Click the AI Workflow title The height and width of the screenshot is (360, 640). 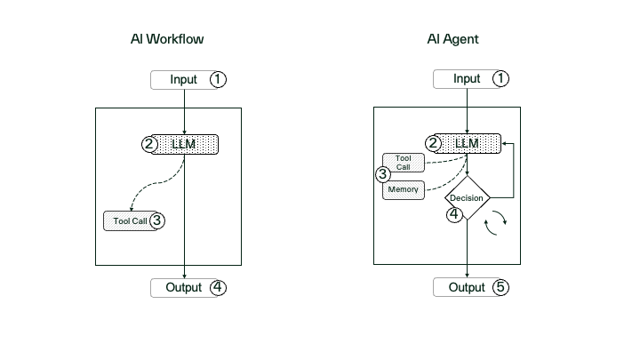167,40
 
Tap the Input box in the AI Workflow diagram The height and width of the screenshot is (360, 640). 184,79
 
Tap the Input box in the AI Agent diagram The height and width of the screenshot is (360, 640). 466,79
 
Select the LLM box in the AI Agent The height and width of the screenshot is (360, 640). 468,144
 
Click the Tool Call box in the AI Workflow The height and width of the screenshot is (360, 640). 130,220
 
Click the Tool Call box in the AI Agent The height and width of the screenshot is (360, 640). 404,163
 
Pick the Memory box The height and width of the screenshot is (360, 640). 404,189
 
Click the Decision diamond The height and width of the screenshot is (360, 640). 468,198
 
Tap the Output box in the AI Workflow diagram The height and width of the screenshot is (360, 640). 182,287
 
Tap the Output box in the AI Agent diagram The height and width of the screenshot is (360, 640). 466,287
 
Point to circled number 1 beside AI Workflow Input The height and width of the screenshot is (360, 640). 218,79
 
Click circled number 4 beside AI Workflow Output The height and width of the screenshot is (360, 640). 218,287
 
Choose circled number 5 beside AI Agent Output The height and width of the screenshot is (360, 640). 500,287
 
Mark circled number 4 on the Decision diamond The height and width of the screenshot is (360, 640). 453,214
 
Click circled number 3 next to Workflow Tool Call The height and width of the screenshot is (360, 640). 157,220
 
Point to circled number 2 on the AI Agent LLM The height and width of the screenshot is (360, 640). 433,143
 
